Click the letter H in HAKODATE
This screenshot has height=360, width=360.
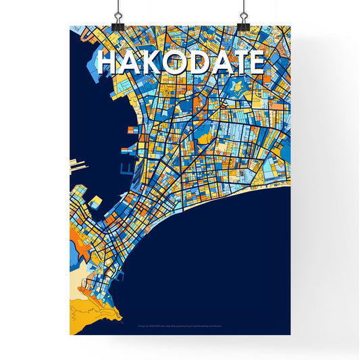click(108, 62)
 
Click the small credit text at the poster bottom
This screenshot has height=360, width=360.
click(180, 324)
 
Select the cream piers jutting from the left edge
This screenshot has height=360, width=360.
click(76, 165)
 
